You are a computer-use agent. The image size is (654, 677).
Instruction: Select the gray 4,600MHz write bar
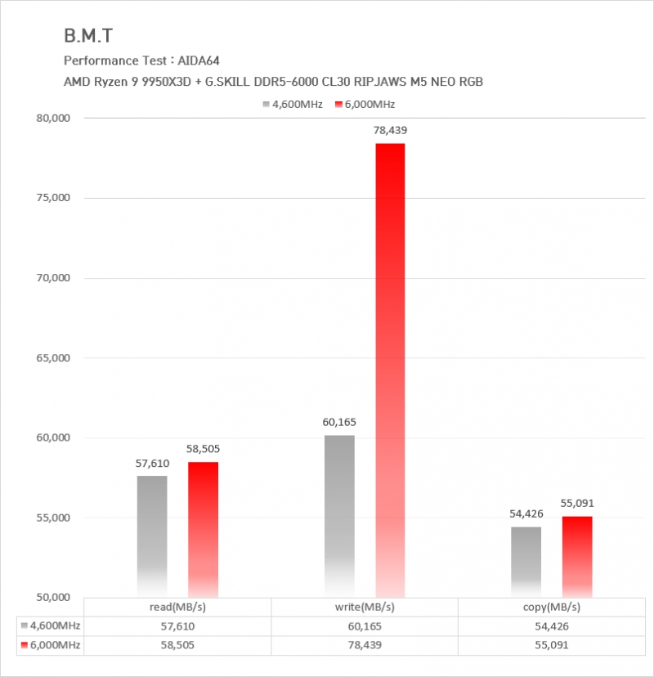tap(339, 515)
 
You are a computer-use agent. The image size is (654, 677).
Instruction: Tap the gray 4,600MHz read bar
tap(152, 536)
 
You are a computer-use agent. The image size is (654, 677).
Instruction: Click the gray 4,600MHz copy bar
tap(526, 562)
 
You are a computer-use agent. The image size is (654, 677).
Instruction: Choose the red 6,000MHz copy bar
tap(577, 556)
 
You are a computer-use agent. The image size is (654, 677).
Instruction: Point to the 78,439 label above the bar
tap(391, 130)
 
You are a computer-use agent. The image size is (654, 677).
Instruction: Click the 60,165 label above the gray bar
tap(339, 422)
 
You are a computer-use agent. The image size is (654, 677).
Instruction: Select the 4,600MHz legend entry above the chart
tap(298, 104)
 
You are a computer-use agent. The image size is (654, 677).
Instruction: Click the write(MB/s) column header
tap(365, 607)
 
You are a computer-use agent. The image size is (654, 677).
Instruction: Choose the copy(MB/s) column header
tap(552, 607)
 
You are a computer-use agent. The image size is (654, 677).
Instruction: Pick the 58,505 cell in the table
tap(177, 645)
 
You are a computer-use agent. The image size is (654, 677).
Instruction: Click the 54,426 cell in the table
tap(552, 626)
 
